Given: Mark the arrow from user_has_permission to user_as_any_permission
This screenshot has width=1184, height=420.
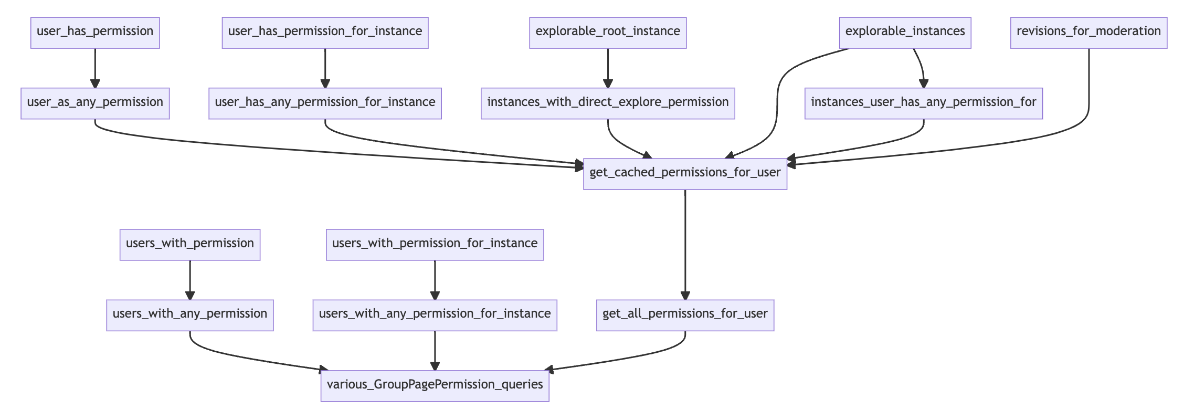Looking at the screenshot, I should coord(95,68).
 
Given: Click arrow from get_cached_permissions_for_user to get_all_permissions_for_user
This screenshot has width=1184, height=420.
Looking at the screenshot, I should coord(685,244).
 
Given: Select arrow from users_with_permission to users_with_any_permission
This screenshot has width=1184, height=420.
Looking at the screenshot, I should coord(190,280).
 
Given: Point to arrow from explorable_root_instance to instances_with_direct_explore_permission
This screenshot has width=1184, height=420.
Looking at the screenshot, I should coord(608,68).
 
